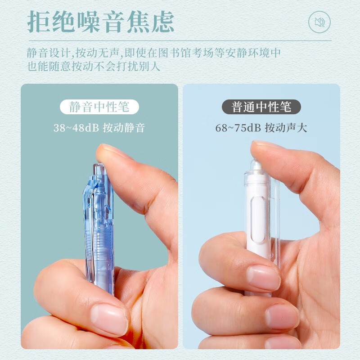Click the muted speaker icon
tap(319, 22)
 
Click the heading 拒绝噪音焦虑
tap(100, 22)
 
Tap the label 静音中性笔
tap(99, 107)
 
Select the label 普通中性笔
tap(261, 107)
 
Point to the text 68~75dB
tap(238, 128)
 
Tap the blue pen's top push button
tap(99, 170)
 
